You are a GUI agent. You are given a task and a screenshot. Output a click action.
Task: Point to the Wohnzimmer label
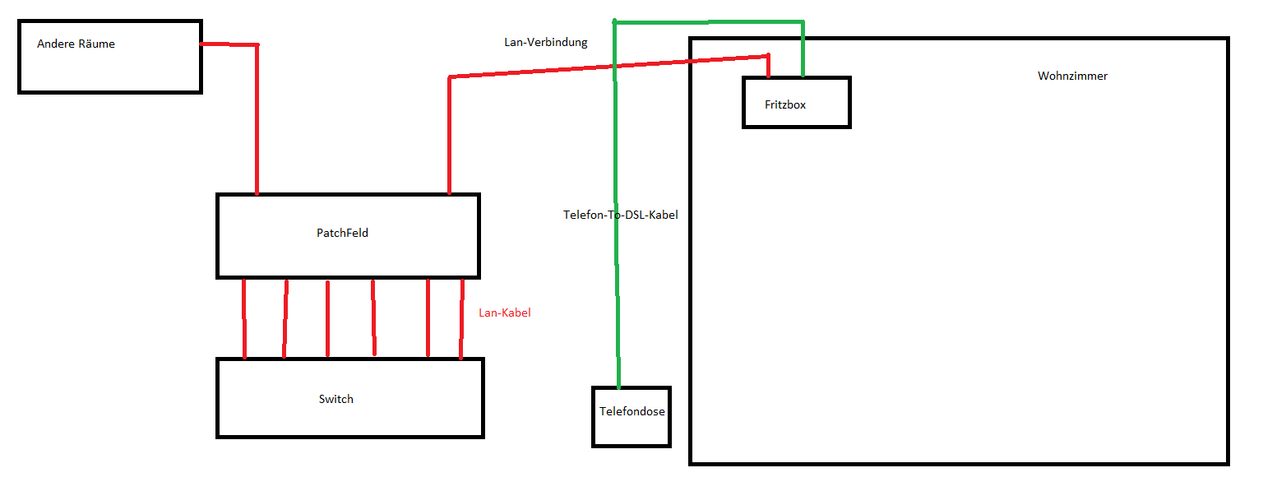[1072, 76]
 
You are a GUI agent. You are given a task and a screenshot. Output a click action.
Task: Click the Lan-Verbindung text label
[545, 42]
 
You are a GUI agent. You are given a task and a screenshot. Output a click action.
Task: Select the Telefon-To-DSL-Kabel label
[620, 215]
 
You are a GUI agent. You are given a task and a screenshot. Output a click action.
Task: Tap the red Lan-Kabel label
[504, 313]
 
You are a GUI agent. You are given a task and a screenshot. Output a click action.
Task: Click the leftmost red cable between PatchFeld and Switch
[244, 318]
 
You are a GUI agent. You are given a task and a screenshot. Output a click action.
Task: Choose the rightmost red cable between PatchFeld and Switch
[461, 318]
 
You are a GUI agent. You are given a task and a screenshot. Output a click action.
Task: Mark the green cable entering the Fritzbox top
[803, 49]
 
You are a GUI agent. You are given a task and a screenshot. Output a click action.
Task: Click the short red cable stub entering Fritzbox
[768, 66]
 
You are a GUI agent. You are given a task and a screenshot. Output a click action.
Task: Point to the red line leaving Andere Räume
[230, 44]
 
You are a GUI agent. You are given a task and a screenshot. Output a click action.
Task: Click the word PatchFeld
[342, 233]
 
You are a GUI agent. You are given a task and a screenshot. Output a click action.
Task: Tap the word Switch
[335, 399]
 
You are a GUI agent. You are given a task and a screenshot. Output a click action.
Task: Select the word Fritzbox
[784, 104]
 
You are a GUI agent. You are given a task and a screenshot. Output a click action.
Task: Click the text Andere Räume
[76, 44]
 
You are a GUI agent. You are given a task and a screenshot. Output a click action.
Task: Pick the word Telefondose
[631, 412]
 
